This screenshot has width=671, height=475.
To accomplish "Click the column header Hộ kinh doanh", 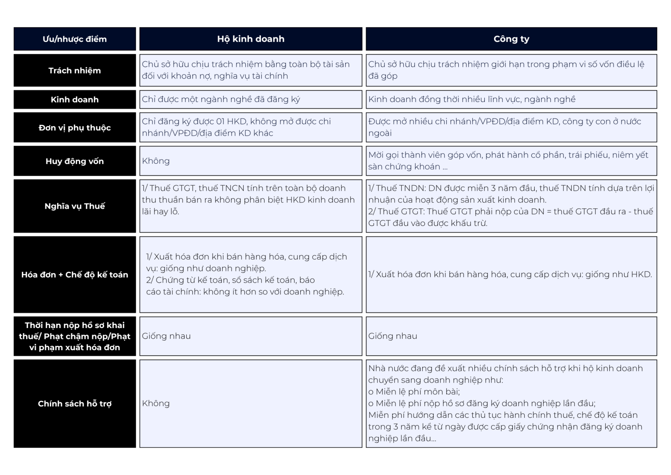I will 250,39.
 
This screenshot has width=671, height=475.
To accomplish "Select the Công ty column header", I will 511,39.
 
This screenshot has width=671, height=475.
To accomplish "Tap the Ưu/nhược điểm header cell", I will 75,39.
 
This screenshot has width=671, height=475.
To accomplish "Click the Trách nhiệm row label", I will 75,71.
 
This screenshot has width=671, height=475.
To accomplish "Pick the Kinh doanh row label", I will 75,100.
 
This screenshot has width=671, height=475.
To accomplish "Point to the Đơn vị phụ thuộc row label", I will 75,128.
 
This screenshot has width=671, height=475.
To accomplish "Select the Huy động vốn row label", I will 75,161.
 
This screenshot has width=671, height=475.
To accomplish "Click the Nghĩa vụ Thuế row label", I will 75,206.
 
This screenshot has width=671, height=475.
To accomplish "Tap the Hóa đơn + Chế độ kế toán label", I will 75,275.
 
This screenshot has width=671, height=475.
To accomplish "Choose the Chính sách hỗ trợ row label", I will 75,404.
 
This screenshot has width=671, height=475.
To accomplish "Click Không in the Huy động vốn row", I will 156,161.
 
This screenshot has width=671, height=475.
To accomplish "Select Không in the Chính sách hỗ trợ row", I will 156,404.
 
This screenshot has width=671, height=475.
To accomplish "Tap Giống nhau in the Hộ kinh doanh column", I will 166,336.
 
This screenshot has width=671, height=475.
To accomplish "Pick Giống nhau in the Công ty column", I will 393,336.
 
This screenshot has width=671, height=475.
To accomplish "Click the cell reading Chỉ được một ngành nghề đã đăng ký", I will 221,100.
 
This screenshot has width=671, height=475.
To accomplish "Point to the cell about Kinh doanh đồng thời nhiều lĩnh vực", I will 472,100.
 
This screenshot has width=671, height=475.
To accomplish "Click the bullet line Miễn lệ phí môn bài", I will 414,392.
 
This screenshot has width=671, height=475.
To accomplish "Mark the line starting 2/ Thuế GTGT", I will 510,212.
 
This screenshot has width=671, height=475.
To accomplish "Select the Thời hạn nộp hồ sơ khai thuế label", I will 75,336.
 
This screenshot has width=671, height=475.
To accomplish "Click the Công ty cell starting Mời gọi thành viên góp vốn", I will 508,161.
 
